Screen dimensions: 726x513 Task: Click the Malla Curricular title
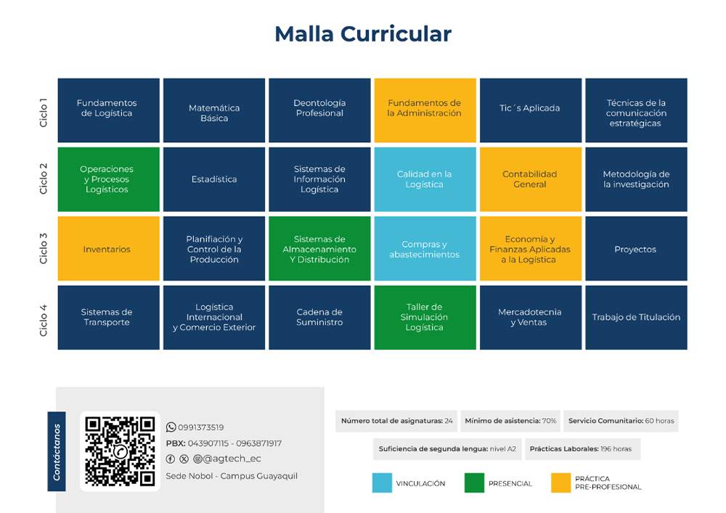(363, 34)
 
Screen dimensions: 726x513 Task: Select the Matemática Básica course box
(214, 110)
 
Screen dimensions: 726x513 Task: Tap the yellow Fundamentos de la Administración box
(425, 110)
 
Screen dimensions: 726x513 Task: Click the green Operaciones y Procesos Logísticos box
(108, 179)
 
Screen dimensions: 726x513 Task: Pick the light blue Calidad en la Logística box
(425, 179)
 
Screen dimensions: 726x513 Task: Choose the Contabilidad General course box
(531, 179)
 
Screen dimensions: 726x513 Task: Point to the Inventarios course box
(108, 248)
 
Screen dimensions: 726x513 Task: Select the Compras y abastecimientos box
(425, 248)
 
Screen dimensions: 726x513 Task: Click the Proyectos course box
(636, 248)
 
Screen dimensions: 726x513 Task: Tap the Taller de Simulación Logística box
(425, 317)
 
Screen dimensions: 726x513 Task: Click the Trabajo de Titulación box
(636, 317)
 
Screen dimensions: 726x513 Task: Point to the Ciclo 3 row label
(44, 248)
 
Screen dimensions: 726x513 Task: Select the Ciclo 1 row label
(44, 112)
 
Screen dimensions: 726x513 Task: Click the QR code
(120, 451)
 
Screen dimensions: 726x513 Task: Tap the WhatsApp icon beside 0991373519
(171, 427)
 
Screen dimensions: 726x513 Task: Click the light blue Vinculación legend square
(382, 483)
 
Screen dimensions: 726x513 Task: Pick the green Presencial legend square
(474, 483)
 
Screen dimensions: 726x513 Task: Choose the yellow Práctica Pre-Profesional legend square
(560, 483)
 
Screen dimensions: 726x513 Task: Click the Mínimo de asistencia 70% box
(510, 421)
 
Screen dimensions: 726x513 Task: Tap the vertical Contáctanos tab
(57, 451)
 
